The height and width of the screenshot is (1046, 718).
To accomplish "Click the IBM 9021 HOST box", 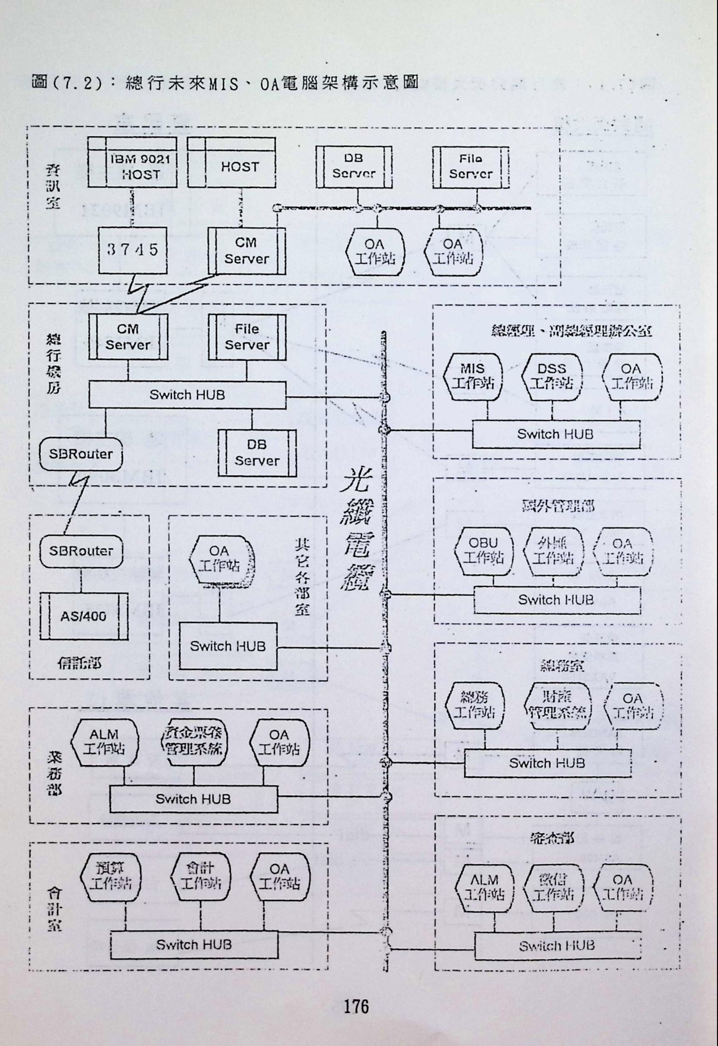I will click(132, 163).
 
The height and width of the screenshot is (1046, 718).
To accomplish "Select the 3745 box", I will click(133, 250).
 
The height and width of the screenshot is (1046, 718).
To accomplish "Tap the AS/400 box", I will click(84, 616).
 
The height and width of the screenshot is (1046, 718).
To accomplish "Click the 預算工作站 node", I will click(110, 876).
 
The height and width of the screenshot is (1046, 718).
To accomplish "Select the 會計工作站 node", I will click(200, 876).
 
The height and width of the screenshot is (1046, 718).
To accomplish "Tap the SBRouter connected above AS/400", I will click(81, 551).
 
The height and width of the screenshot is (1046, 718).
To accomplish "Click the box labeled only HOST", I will click(231, 163).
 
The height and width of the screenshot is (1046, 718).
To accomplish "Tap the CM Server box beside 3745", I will click(246, 251).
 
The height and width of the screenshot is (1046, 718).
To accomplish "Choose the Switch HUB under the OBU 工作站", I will click(556, 600).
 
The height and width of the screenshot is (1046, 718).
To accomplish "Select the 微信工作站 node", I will click(553, 887).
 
